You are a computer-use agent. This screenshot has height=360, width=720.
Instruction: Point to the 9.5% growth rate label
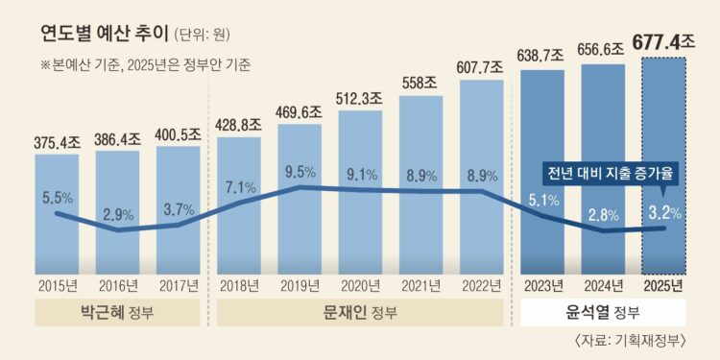[x=300, y=174]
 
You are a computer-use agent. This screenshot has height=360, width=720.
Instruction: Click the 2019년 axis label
[x=300, y=284]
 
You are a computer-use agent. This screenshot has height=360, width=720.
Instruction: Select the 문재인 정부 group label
[x=360, y=313]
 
